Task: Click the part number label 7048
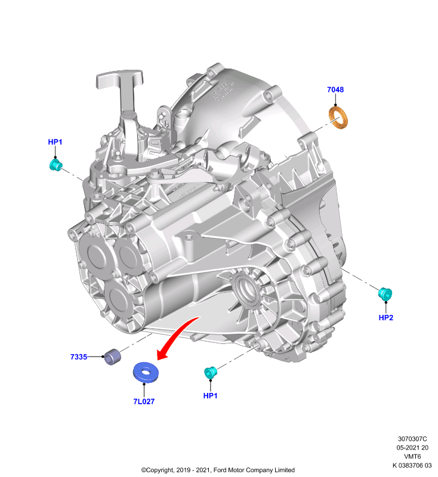pyautogui.click(x=335, y=89)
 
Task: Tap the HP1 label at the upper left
pyautogui.click(x=55, y=142)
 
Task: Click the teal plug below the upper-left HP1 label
pyautogui.click(x=55, y=165)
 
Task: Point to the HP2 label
pyautogui.click(x=385, y=318)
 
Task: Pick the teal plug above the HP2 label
pyautogui.click(x=385, y=293)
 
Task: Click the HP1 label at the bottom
pyautogui.click(x=210, y=395)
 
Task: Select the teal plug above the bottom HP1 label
pyautogui.click(x=210, y=373)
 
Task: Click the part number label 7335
pyautogui.click(x=79, y=357)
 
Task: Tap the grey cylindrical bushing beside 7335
pyautogui.click(x=112, y=357)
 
